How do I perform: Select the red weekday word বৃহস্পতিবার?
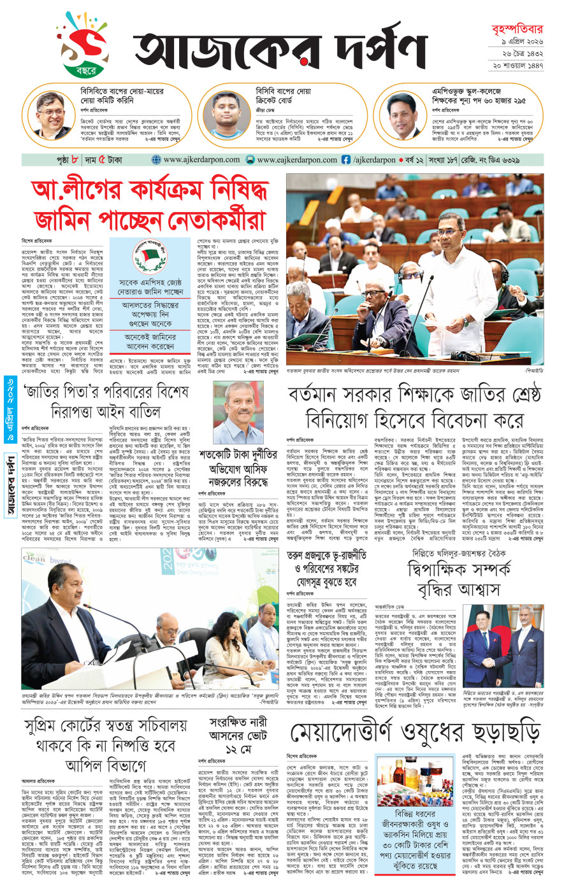coord(517,29)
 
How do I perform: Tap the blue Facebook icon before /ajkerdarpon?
coord(346,160)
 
